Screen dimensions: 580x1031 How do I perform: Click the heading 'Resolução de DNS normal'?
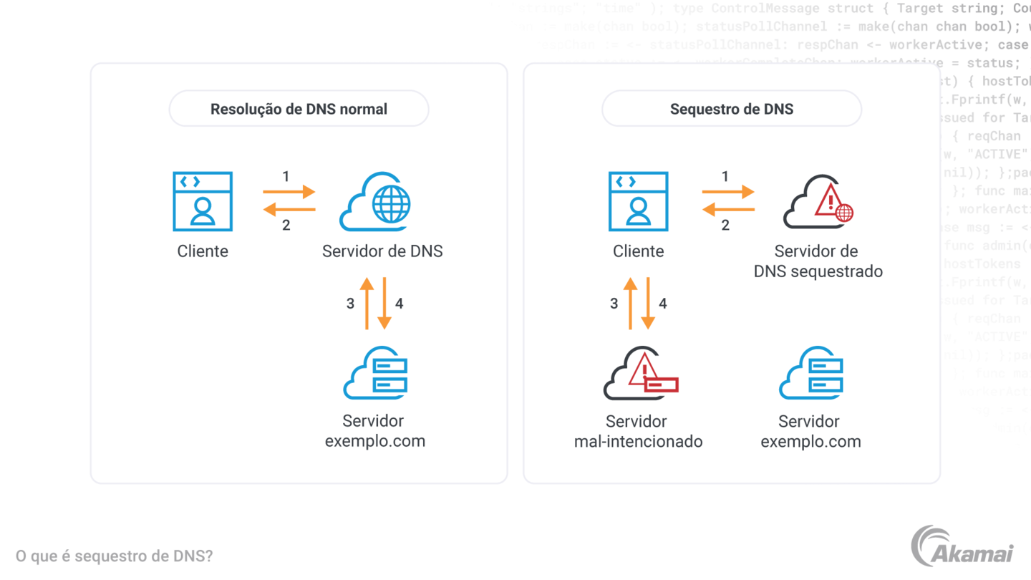click(299, 110)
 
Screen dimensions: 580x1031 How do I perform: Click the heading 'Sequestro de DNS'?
click(731, 110)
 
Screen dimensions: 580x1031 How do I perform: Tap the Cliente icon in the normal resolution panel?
click(203, 201)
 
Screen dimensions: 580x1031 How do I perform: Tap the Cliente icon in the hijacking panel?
click(638, 201)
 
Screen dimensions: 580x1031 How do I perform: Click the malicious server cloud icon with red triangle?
click(639, 374)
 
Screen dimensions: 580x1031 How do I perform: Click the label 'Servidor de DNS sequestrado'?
click(818, 261)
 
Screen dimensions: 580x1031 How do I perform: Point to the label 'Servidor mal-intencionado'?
click(638, 431)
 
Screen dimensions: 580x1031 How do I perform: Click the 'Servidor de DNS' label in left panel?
click(382, 251)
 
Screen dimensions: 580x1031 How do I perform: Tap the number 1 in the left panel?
click(286, 176)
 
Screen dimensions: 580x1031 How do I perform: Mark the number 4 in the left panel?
click(400, 304)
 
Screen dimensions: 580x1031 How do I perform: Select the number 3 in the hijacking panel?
click(614, 304)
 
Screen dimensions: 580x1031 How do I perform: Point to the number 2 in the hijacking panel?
click(725, 226)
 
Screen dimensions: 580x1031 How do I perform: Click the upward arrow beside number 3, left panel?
click(367, 304)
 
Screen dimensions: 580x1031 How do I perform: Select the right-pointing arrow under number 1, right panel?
click(728, 192)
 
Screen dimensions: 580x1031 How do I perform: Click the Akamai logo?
click(967, 551)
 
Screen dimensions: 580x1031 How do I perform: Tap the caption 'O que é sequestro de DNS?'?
click(115, 556)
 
